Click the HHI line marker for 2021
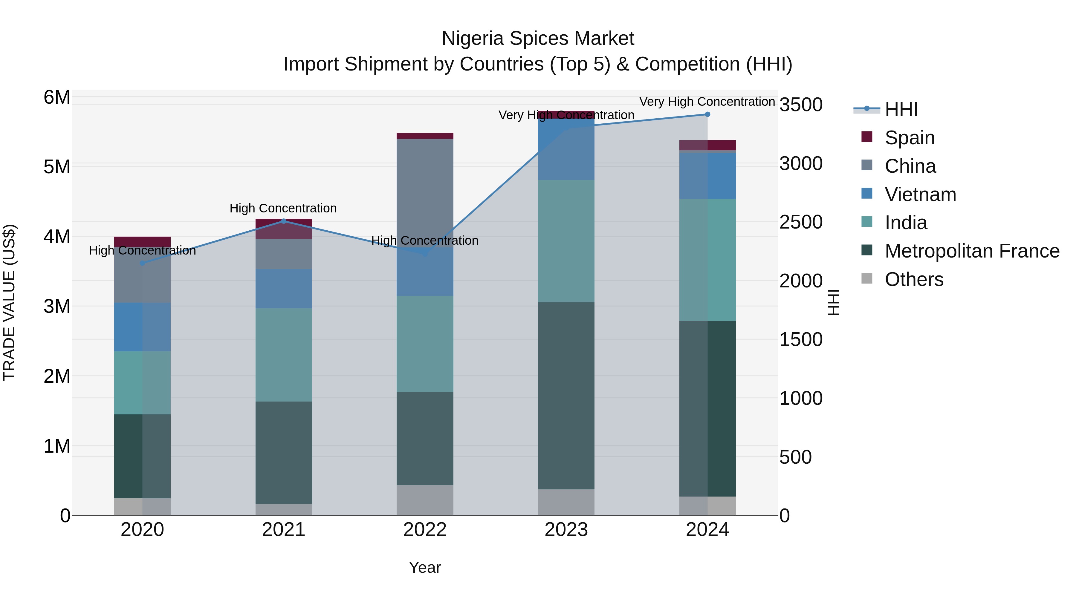(x=284, y=221)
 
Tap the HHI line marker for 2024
(x=707, y=114)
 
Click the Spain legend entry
(x=909, y=138)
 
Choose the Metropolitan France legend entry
(x=972, y=251)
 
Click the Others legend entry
(x=913, y=279)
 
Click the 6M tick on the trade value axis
(x=57, y=97)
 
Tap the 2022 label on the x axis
(x=425, y=530)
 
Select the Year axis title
(x=425, y=567)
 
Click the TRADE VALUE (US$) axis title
(x=9, y=302)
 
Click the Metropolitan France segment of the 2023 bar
(x=566, y=395)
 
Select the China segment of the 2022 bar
(x=425, y=192)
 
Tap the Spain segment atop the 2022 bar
(x=425, y=136)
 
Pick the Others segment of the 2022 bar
(x=425, y=500)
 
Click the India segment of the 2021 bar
(x=284, y=355)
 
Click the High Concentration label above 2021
(x=283, y=208)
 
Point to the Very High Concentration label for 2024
(x=707, y=102)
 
